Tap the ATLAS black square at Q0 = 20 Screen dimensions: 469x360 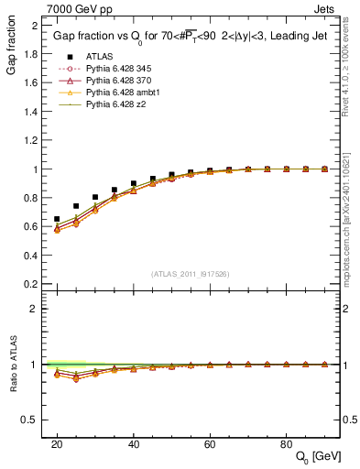(57, 220)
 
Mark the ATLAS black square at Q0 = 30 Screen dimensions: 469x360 (95, 197)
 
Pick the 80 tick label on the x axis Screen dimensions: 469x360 (287, 443)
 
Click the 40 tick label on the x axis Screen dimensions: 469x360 (134, 443)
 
